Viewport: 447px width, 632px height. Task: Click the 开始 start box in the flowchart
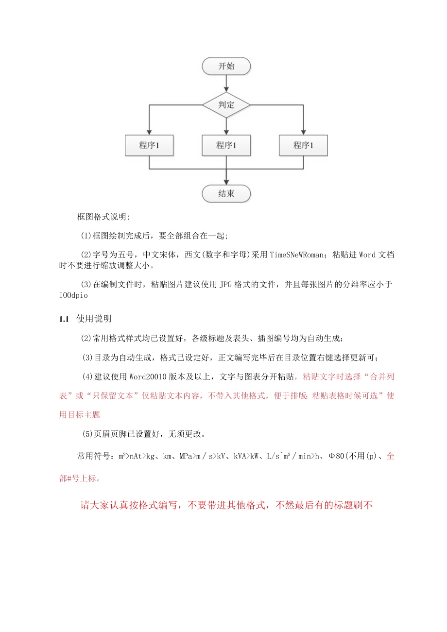point(226,67)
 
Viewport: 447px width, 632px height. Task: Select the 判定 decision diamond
point(226,105)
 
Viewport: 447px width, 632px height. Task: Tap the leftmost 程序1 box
point(149,145)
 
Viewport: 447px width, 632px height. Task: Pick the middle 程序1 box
point(226,145)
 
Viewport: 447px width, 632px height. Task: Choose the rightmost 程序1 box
point(303,145)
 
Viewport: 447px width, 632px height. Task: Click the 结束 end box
point(226,193)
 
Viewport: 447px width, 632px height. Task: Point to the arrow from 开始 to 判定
point(226,83)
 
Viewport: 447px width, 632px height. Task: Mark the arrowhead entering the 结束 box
point(226,182)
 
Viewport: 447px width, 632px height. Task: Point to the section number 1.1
point(65,319)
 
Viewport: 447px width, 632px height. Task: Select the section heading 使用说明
point(94,319)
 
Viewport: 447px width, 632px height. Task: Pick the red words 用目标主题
point(80,414)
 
